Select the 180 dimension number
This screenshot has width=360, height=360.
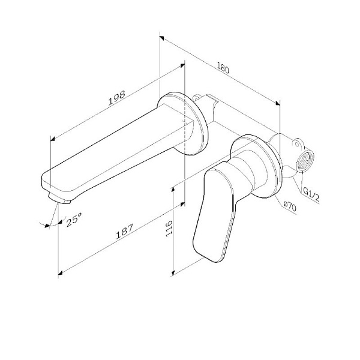pyautogui.click(x=223, y=68)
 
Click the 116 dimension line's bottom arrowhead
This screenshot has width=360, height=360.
pyautogui.click(x=173, y=272)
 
